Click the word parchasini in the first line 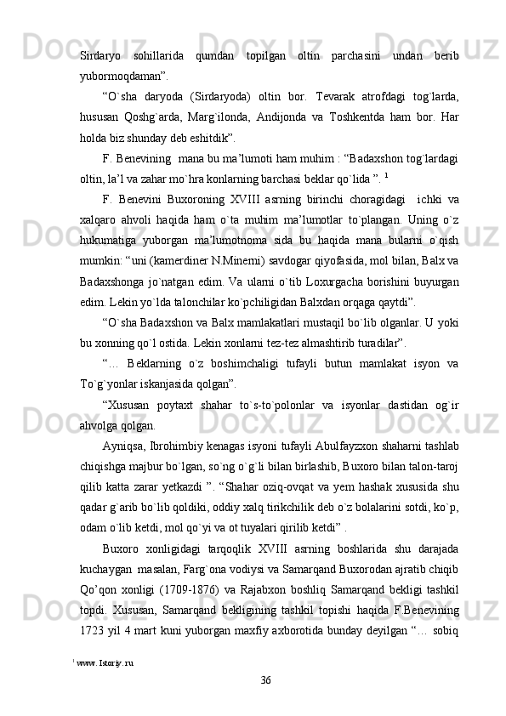349,55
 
